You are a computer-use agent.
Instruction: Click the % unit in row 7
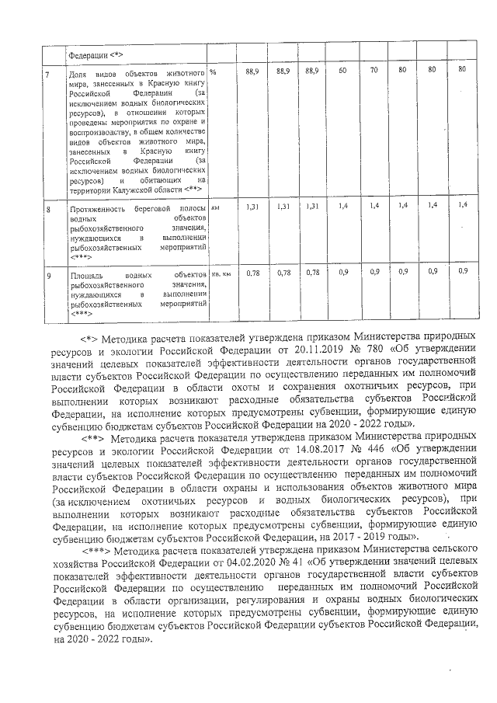click(213, 71)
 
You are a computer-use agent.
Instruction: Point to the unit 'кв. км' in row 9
click(221, 273)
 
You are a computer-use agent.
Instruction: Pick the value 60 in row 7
click(342, 71)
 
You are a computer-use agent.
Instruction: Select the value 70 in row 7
click(373, 71)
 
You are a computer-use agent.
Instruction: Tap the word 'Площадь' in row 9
click(86, 275)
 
